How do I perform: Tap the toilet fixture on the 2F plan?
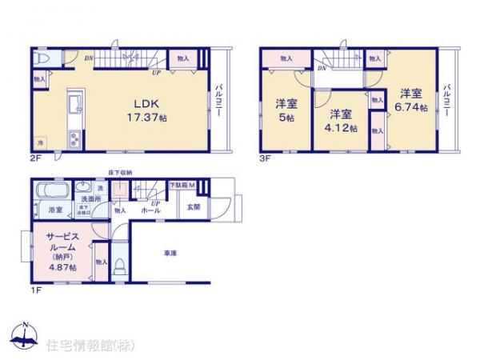(45, 60)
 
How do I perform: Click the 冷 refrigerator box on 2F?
(41, 142)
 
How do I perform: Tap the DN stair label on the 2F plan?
(90, 56)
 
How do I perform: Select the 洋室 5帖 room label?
(286, 109)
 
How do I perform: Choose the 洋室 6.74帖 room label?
(413, 99)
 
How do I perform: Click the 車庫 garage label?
(170, 253)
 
